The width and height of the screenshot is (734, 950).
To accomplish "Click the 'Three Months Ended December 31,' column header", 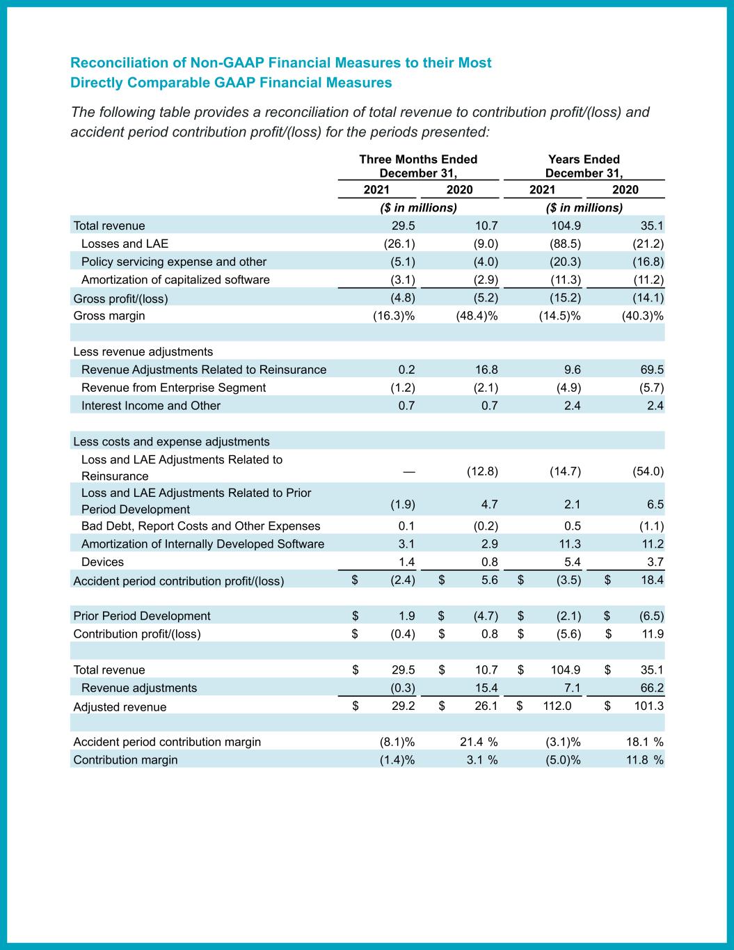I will [x=417, y=166].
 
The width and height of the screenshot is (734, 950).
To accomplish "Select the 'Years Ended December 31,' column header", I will [x=583, y=166].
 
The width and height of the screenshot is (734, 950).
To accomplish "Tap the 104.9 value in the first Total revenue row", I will [x=565, y=225].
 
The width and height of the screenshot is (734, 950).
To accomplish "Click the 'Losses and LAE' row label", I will [x=125, y=244].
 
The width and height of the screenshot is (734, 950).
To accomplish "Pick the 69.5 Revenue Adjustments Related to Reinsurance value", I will [x=651, y=370].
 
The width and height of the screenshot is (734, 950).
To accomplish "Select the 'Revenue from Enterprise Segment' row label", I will [x=173, y=388].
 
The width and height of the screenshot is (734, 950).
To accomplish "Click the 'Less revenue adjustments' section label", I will [x=143, y=351].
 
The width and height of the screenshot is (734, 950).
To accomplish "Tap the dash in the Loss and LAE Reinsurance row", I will [x=409, y=471].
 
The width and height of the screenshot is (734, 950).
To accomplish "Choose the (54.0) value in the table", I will [x=648, y=471].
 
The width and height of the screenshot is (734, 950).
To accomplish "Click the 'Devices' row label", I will [x=102, y=562].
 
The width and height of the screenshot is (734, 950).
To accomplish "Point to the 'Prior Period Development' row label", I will [x=142, y=616].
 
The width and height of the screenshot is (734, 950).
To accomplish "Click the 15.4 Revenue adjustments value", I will [x=485, y=688].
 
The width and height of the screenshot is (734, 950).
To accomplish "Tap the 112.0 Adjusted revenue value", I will [x=557, y=706].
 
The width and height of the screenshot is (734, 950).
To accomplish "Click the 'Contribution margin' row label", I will [x=125, y=760].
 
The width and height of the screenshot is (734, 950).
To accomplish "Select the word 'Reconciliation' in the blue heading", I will [x=119, y=63].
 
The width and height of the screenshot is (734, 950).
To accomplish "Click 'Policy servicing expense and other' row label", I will [x=174, y=262].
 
